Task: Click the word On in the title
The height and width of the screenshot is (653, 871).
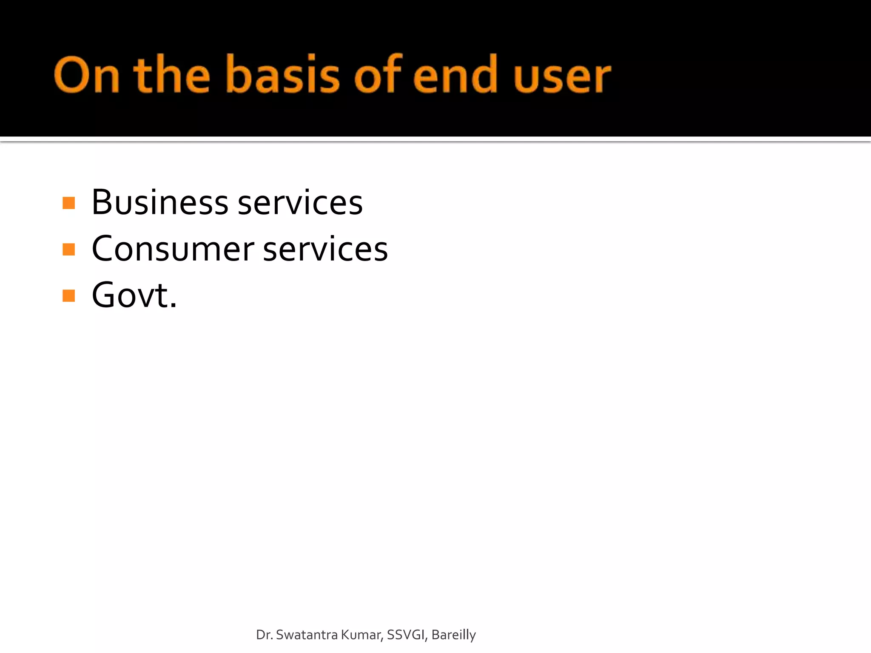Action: (x=86, y=76)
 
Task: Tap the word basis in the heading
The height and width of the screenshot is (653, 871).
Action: (x=282, y=75)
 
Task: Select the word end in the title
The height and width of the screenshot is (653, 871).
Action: (x=455, y=76)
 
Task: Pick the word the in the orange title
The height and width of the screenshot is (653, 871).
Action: (x=172, y=75)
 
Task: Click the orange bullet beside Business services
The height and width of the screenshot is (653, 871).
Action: (x=68, y=203)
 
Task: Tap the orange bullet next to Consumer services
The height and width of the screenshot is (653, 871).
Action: (x=68, y=250)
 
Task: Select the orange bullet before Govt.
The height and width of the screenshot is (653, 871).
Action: (x=68, y=295)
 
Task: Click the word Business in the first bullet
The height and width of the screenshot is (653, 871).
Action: (x=160, y=202)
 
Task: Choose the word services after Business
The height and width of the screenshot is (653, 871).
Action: (x=300, y=203)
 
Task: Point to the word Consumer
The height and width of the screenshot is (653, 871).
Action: (x=173, y=249)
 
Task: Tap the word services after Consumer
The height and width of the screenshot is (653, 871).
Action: (x=325, y=250)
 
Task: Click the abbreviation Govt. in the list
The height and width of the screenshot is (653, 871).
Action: (x=134, y=295)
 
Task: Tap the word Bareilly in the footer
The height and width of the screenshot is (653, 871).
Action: (x=453, y=635)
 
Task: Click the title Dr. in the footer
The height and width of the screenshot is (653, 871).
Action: (x=264, y=635)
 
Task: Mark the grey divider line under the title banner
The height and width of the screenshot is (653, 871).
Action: (x=435, y=139)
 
